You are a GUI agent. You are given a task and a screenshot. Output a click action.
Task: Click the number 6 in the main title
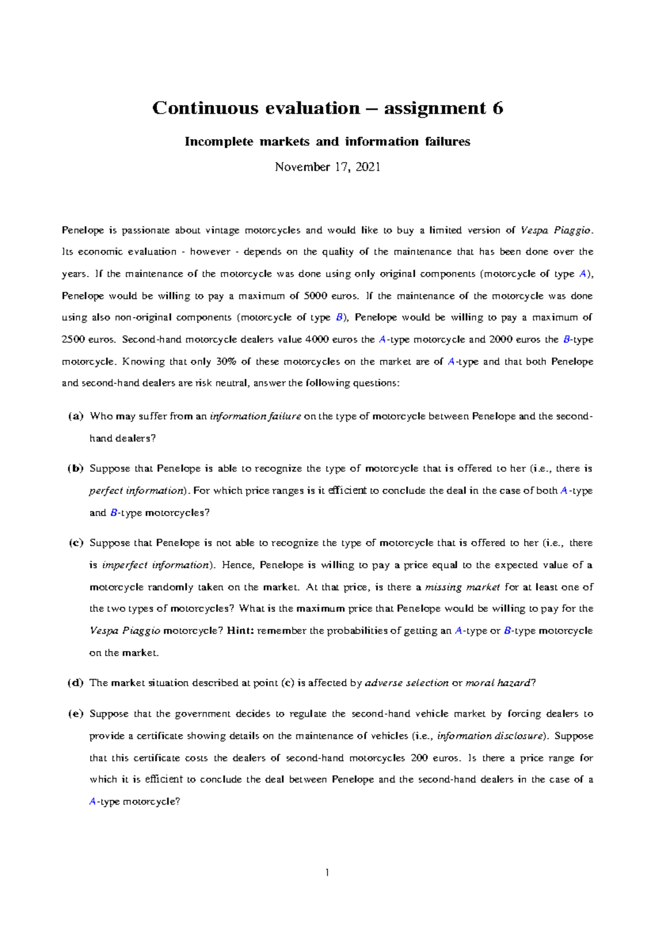(497, 108)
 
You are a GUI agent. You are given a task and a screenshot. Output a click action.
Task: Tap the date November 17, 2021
(327, 167)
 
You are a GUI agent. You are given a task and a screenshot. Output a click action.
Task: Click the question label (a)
(76, 417)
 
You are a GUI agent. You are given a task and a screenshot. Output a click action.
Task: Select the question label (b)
(76, 468)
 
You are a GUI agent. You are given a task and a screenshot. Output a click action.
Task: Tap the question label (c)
(76, 543)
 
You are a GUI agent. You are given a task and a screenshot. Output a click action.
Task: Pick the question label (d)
(76, 683)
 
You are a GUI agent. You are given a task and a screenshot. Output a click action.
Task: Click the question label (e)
(76, 714)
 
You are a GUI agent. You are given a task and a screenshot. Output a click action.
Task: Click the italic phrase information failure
(255, 417)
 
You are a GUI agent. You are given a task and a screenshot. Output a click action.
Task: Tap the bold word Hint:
(240, 631)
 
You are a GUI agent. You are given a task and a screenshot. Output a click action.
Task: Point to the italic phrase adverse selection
(406, 683)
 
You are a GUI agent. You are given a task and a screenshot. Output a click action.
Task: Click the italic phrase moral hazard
(497, 683)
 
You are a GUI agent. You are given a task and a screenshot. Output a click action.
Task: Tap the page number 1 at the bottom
(327, 873)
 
